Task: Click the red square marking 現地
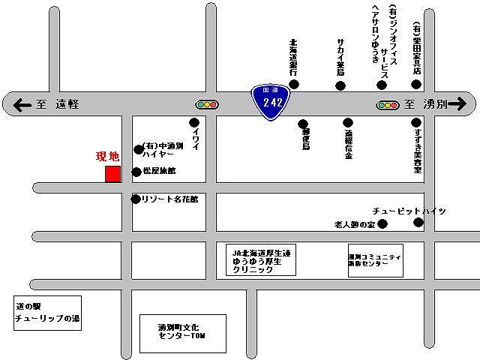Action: click(x=112, y=174)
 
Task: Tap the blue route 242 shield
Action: click(x=271, y=103)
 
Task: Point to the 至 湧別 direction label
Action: click(x=424, y=105)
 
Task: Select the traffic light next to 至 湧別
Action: click(x=388, y=106)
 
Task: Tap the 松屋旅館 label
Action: click(x=159, y=172)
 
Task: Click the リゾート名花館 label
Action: click(x=164, y=199)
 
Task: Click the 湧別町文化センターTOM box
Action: click(x=182, y=334)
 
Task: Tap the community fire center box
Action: click(x=375, y=260)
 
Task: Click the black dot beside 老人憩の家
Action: click(x=382, y=223)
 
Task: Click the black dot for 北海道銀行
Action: click(x=294, y=85)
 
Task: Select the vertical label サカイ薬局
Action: click(x=340, y=57)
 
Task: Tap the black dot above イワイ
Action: click(x=194, y=122)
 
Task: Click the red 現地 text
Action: click(x=108, y=157)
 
